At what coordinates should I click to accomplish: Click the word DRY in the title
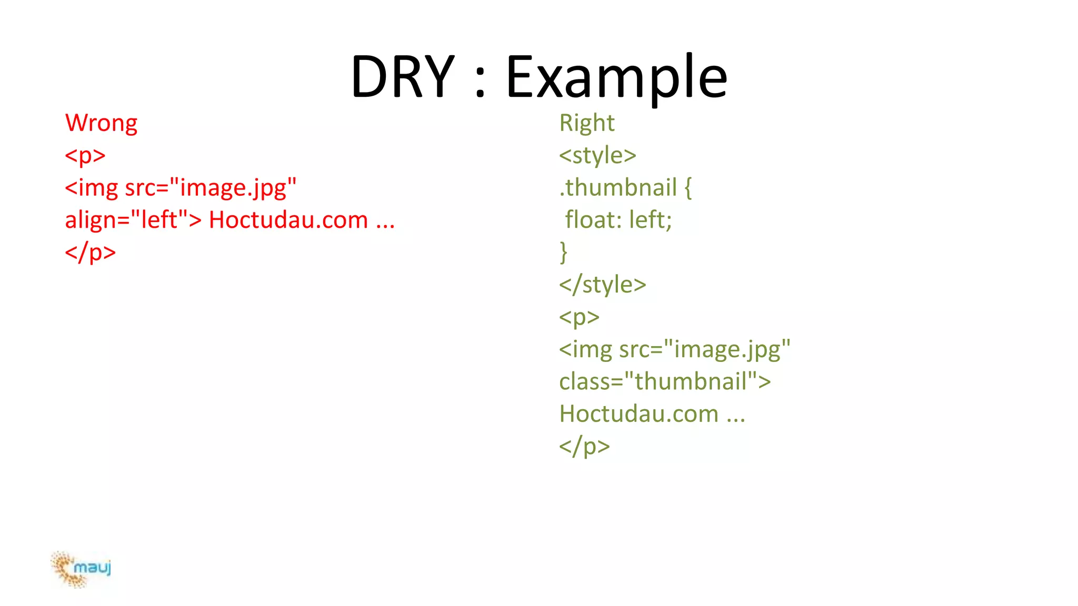pyautogui.click(x=403, y=77)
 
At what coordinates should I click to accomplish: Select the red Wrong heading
pyautogui.click(x=101, y=124)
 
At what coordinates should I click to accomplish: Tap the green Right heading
pyautogui.click(x=586, y=124)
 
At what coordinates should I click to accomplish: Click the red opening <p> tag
pyautogui.click(x=85, y=156)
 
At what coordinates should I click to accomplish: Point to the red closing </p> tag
pyautogui.click(x=90, y=252)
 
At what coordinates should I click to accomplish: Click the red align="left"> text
pyautogui.click(x=133, y=220)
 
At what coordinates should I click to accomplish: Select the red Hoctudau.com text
pyautogui.click(x=288, y=220)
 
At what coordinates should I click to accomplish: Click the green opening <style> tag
pyautogui.click(x=597, y=156)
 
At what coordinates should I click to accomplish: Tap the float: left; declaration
pyautogui.click(x=618, y=220)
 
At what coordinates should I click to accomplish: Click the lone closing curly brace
pyautogui.click(x=563, y=252)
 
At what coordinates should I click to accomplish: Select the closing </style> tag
pyautogui.click(x=602, y=285)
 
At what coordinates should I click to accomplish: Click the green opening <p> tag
pyautogui.click(x=579, y=317)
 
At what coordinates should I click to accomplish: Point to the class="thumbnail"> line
pyautogui.click(x=665, y=381)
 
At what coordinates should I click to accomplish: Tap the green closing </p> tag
pyautogui.click(x=584, y=446)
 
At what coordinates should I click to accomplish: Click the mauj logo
pyautogui.click(x=82, y=569)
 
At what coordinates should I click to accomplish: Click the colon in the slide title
pyautogui.click(x=480, y=84)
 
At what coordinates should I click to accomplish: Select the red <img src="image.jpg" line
pyautogui.click(x=181, y=188)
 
